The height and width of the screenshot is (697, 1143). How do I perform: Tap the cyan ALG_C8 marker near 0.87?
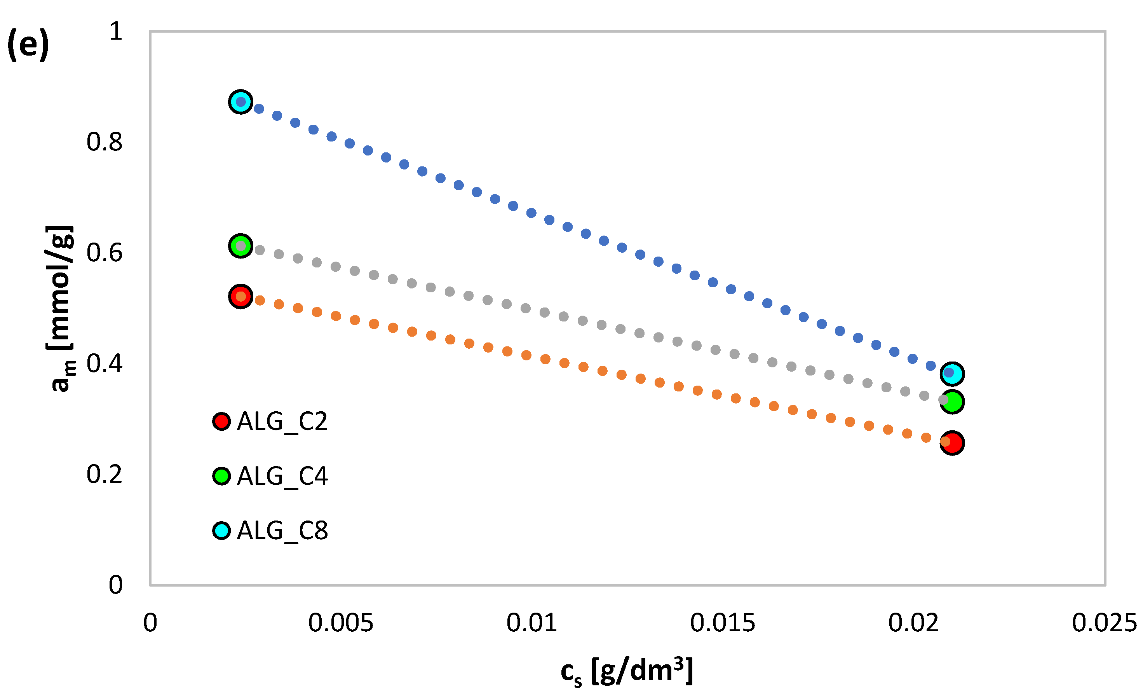coord(240,101)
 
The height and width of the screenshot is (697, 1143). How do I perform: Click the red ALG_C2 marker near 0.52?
coord(240,296)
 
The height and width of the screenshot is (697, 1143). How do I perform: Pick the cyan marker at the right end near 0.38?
coord(952,374)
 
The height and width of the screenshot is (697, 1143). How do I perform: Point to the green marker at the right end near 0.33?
coord(952,402)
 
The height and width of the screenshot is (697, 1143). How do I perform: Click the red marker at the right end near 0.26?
coord(952,443)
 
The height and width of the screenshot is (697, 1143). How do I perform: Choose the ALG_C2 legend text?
coord(282,422)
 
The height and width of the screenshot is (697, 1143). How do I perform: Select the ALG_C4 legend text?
coord(282,477)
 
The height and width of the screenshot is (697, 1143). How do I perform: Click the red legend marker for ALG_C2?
coord(222,421)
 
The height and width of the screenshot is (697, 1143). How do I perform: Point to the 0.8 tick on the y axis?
coord(105,142)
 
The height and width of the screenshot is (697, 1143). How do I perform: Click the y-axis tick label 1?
coord(115,31)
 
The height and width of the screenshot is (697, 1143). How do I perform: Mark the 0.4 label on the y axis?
coord(105,363)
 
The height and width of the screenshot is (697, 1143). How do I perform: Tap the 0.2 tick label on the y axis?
coord(105,474)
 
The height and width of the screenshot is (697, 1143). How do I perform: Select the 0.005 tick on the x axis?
coord(340,623)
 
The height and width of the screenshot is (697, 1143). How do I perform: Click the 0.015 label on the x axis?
coord(722,623)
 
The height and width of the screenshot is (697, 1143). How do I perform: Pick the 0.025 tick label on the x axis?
coord(1104,623)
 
